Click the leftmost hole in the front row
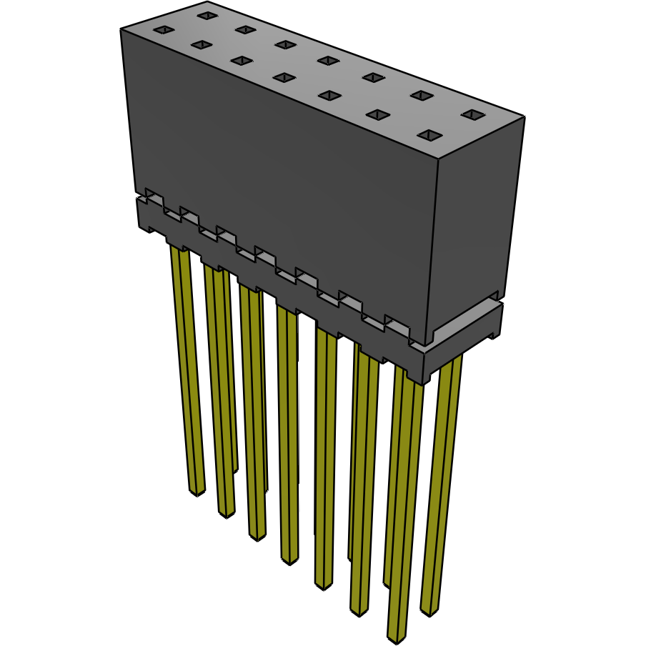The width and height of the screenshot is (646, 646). [164, 29]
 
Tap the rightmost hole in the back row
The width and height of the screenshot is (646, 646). [472, 114]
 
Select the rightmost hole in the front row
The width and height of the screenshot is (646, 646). [429, 134]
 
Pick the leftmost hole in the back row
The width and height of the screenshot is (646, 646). [207, 15]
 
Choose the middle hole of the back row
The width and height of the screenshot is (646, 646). [327, 60]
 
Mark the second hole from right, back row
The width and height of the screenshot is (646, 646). [422, 95]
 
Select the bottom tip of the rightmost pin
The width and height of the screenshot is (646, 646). [429, 612]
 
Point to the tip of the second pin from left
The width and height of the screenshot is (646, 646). [226, 513]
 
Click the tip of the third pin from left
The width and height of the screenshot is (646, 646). [257, 535]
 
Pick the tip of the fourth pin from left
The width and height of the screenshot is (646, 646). [289, 560]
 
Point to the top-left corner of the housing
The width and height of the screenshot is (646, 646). [121, 29]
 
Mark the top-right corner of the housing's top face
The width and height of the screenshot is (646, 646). [525, 116]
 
